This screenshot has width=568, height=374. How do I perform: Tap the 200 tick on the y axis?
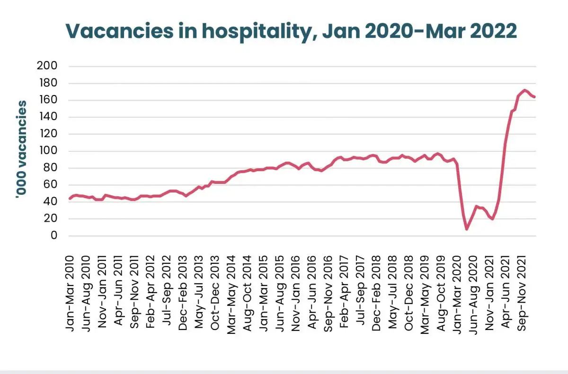click(x=47, y=66)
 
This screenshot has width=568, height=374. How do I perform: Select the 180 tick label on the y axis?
click(x=47, y=83)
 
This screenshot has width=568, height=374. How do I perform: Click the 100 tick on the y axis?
click(x=47, y=151)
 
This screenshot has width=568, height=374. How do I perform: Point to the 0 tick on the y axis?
click(x=53, y=236)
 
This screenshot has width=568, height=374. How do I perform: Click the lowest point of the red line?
click(x=467, y=229)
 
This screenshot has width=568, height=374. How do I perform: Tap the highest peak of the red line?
click(x=524, y=90)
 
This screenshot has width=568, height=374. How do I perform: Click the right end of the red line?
click(x=534, y=97)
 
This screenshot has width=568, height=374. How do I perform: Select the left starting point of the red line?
click(x=70, y=199)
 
